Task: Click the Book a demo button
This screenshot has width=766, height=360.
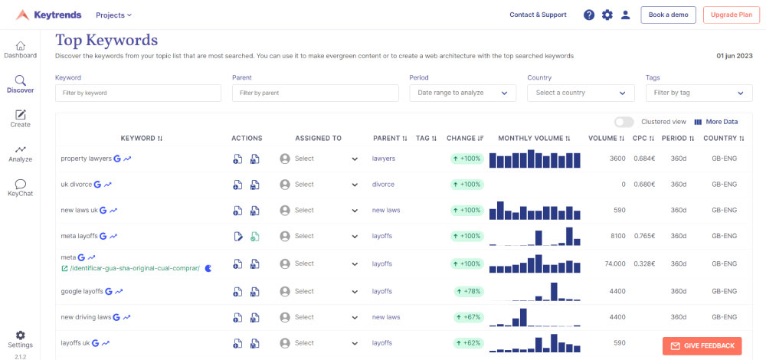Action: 669,15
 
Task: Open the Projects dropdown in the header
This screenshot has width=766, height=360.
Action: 113,15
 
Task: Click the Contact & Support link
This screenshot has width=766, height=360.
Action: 538,15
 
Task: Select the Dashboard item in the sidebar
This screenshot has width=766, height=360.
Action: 20,50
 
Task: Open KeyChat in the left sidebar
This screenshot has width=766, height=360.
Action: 20,188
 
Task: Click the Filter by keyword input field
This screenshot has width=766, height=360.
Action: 139,93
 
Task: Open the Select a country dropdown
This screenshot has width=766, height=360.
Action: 581,93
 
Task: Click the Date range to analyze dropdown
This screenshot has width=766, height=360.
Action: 462,93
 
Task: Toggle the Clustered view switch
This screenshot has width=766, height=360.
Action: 624,122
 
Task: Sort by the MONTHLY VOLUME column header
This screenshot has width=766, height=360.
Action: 535,139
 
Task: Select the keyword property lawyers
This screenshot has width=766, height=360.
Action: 86,159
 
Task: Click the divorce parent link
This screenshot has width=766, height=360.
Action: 383,185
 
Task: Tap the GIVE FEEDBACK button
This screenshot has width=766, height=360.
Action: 702,345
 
